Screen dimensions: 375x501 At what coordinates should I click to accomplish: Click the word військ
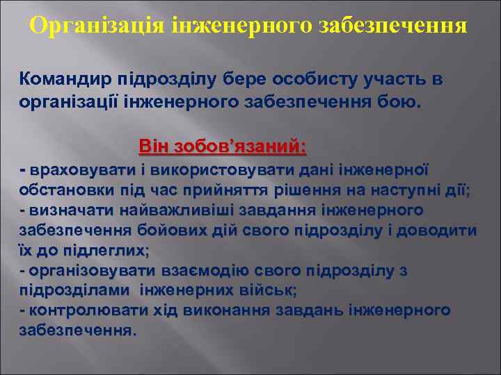272,290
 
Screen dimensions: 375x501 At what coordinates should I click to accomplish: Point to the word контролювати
77,310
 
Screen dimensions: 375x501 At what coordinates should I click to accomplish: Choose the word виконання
224,310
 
